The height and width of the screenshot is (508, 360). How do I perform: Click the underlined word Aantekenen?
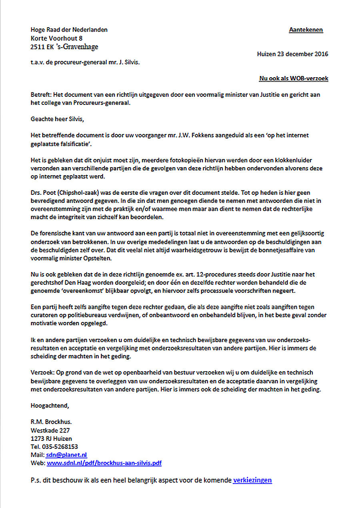[306, 30]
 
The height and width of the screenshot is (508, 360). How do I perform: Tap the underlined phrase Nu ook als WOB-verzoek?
[294, 78]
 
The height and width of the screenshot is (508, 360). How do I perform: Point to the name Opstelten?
[98, 258]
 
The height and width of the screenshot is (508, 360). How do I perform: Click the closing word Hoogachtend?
[50, 406]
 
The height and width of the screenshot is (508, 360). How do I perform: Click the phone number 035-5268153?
[59, 447]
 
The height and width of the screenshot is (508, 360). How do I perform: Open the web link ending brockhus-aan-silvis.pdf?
[104, 463]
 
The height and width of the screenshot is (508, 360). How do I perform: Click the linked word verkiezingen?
[252, 480]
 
